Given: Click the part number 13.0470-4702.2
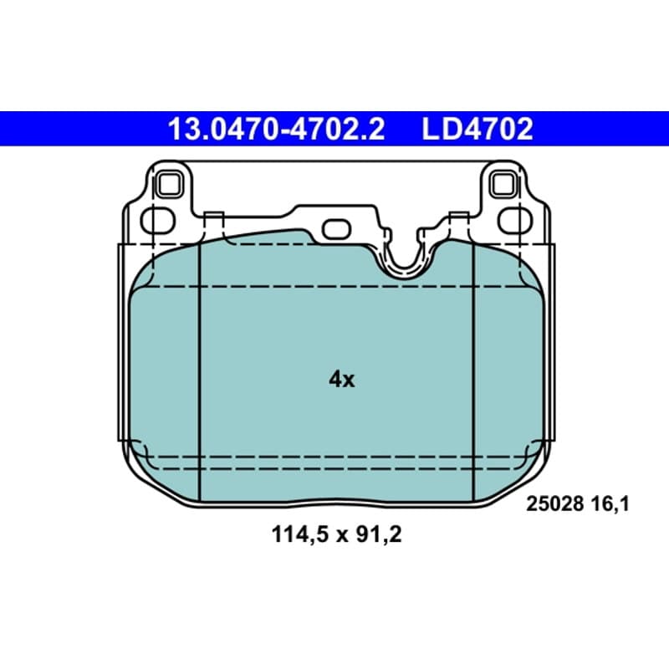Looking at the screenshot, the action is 277,130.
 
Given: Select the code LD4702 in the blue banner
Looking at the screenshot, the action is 477,130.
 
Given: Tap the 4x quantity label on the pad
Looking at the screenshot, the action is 341,379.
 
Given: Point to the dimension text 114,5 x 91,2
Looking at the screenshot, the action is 336,534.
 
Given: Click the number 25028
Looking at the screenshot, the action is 554,504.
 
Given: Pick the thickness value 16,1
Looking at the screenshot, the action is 610,504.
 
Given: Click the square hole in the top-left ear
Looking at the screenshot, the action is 169,185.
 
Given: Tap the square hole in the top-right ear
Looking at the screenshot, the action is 504,185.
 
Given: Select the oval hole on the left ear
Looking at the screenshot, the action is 158,221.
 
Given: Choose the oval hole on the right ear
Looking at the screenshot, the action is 515,221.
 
